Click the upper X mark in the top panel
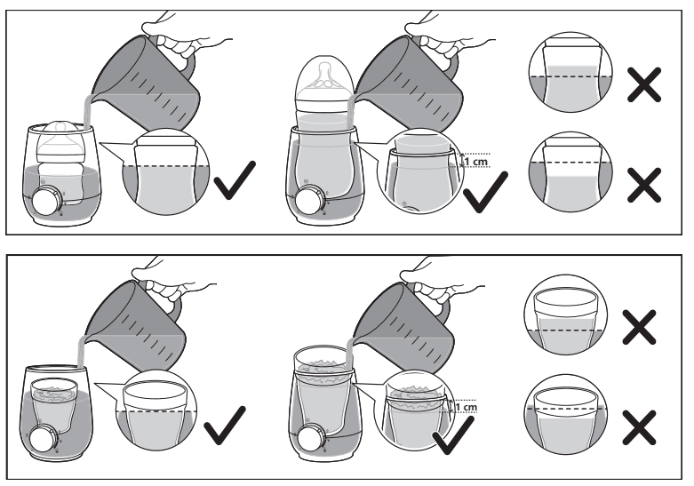[646, 84]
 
